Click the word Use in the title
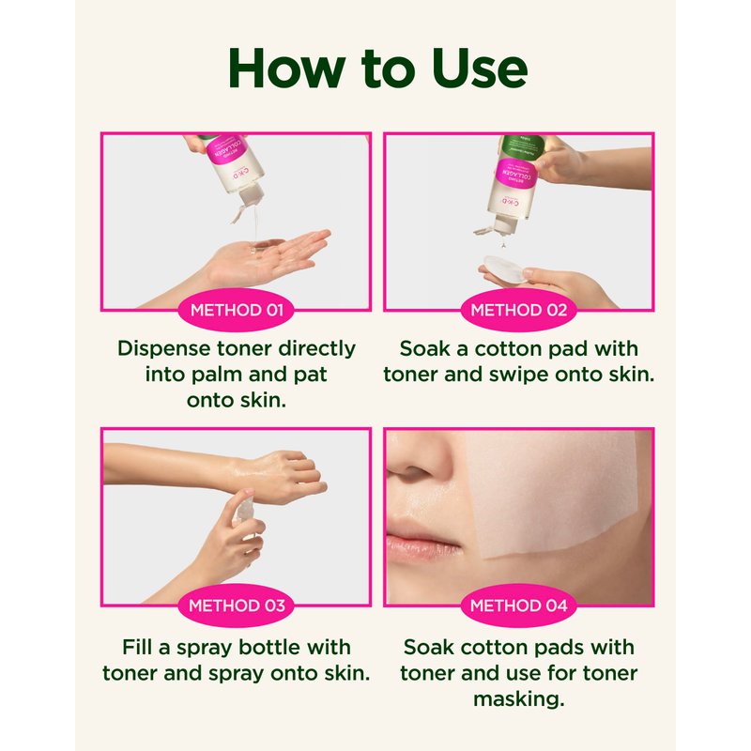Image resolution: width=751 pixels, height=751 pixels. (480, 68)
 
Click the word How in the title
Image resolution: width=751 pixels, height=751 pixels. (286, 68)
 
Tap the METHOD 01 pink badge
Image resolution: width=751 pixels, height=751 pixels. (237, 311)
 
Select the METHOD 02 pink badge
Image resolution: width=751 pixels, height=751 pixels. (519, 311)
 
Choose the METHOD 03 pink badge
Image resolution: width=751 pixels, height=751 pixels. (237, 605)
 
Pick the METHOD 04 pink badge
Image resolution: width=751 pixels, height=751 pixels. (519, 605)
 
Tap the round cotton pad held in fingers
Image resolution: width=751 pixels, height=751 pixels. (503, 268)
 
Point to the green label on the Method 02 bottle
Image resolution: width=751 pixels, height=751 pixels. (522, 147)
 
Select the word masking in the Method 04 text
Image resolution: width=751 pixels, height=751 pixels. (519, 699)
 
